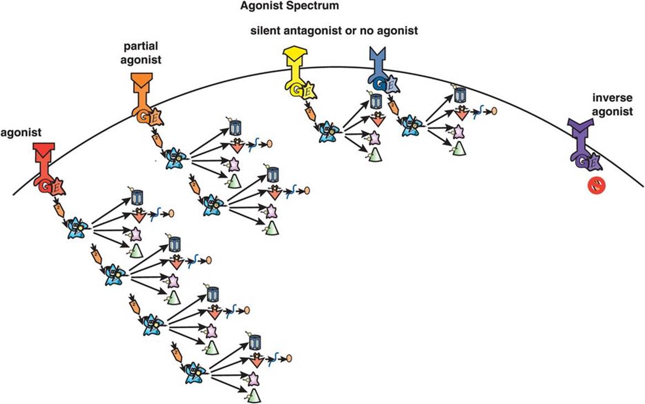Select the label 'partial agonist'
coord(142,54)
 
